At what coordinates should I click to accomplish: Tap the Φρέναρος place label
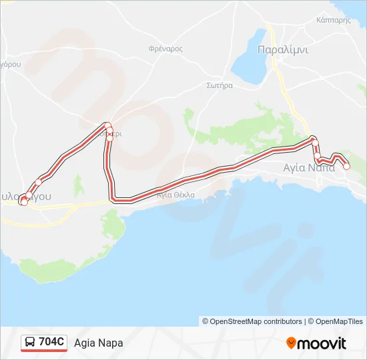pyautogui.click(x=165, y=49)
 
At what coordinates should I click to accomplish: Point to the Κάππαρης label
pyautogui.click(x=334, y=21)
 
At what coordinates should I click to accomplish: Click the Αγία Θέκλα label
pyautogui.click(x=175, y=195)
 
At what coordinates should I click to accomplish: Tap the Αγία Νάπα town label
pyautogui.click(x=309, y=167)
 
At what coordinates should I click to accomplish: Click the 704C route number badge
pyautogui.click(x=52, y=342)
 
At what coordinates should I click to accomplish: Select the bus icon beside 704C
pyautogui.click(x=31, y=342)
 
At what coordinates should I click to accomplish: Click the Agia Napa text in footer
pyautogui.click(x=99, y=343)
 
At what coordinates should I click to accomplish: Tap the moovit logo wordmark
pyautogui.click(x=322, y=343)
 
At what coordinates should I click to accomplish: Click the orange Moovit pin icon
pyautogui.click(x=291, y=343)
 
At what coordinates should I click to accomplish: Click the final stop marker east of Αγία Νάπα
pyautogui.click(x=346, y=167)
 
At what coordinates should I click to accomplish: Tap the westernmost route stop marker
pyautogui.click(x=23, y=201)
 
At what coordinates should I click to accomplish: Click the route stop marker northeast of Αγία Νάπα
pyautogui.click(x=314, y=141)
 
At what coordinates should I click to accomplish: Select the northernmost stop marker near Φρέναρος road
pyautogui.click(x=107, y=125)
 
